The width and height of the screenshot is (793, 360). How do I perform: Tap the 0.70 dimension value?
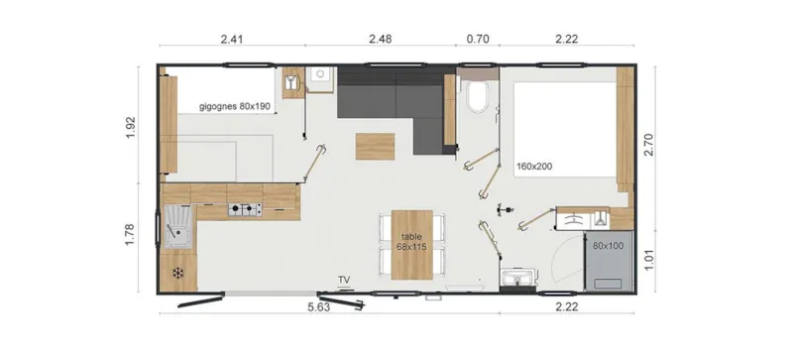[478, 41]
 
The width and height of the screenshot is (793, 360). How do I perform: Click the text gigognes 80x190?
[235, 106]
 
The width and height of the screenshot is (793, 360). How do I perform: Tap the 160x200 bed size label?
[535, 167]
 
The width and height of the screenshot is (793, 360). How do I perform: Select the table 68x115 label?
[412, 241]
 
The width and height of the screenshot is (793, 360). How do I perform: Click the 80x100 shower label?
[608, 244]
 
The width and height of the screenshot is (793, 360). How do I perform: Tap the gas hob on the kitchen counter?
[244, 208]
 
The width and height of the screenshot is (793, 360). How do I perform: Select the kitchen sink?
[178, 230]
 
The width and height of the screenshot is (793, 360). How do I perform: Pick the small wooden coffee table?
[375, 146]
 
